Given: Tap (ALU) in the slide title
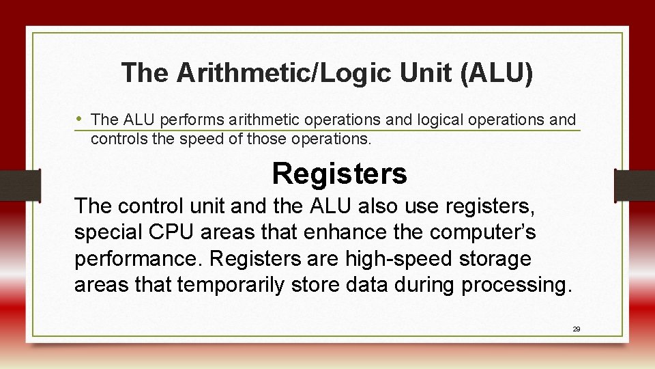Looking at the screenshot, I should [x=497, y=72].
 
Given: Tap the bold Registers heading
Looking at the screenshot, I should [x=339, y=174].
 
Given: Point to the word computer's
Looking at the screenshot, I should [x=483, y=232].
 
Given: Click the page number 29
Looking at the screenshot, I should [x=576, y=329].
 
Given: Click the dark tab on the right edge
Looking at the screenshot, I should [x=635, y=185].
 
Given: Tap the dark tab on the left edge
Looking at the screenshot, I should [x=20, y=185].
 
